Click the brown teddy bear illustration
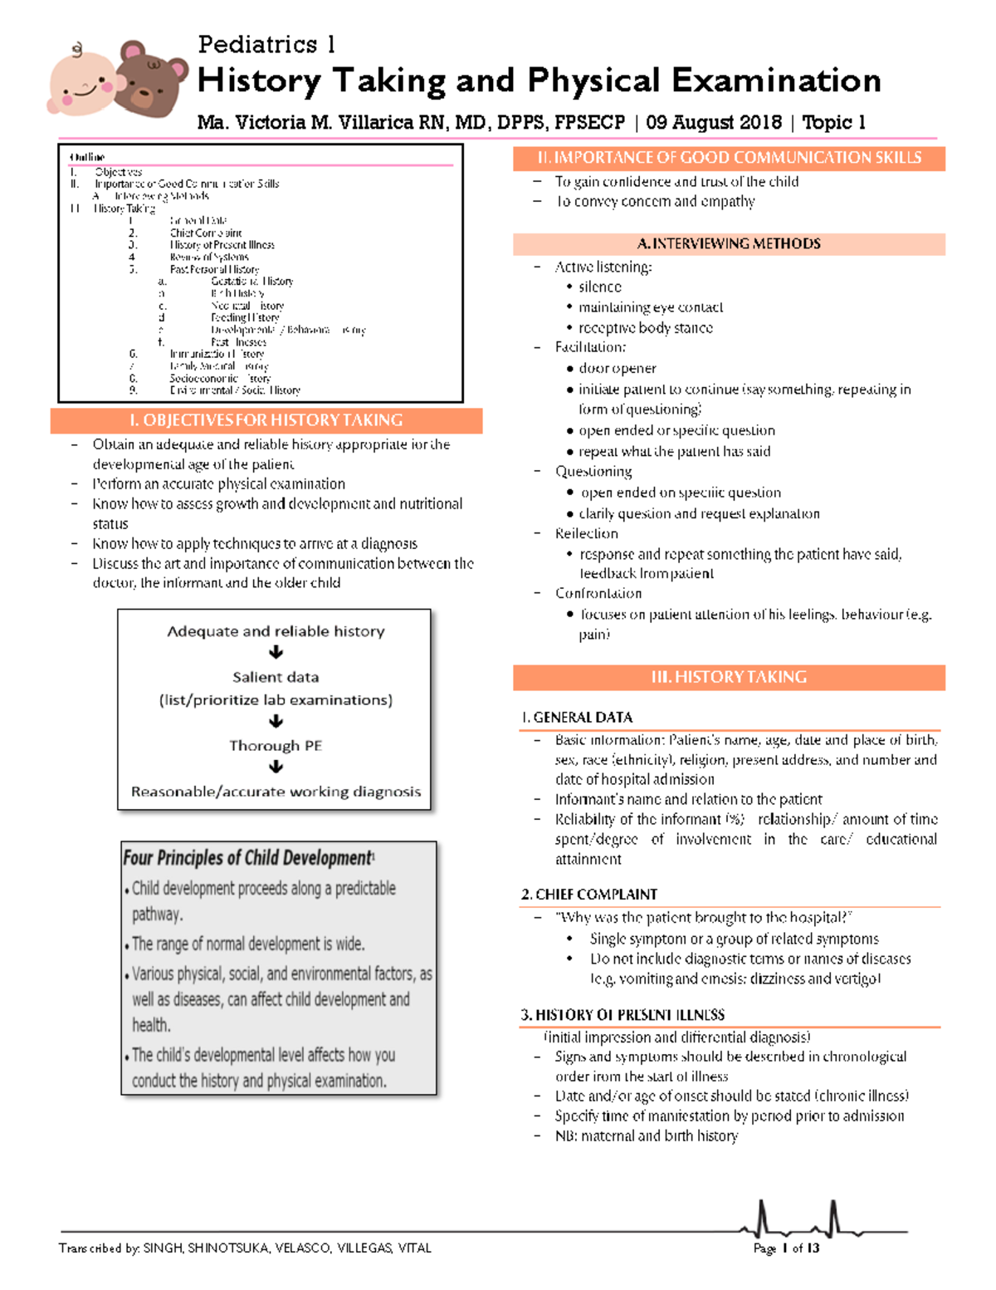click(x=151, y=79)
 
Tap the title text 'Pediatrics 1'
click(x=266, y=44)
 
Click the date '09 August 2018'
click(x=713, y=123)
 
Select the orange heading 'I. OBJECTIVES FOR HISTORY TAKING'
click(x=266, y=420)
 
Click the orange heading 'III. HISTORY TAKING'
click(x=728, y=677)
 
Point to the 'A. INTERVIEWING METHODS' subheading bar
click(x=728, y=243)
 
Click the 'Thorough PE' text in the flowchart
click(x=276, y=745)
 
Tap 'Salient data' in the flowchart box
click(x=276, y=677)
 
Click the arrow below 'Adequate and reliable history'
click(x=276, y=653)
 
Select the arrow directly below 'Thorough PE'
click(x=276, y=768)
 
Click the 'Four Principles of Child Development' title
click(x=248, y=857)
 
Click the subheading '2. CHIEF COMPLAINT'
click(x=588, y=894)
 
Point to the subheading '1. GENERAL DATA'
click(x=577, y=717)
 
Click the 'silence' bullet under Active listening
click(x=599, y=287)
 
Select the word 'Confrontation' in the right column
click(x=598, y=593)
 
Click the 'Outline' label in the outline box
click(x=87, y=157)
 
